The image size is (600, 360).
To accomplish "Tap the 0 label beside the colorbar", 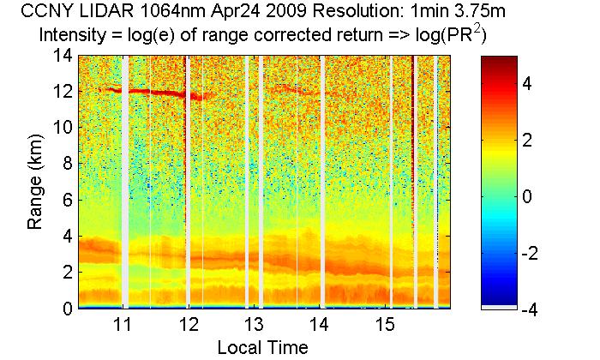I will click(528, 197).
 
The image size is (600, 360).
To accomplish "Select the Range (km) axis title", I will click(35, 182).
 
